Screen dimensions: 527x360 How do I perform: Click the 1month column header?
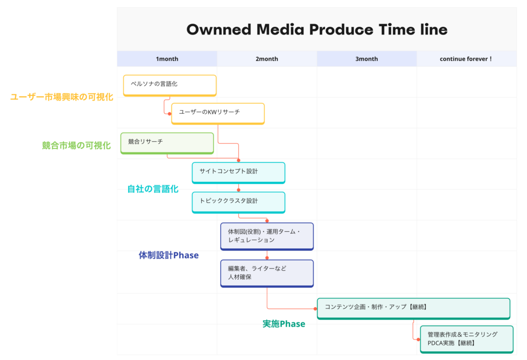(167, 59)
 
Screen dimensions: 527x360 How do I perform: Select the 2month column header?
(267, 59)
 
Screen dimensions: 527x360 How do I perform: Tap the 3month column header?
(366, 59)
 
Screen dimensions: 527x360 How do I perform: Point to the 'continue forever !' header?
(466, 59)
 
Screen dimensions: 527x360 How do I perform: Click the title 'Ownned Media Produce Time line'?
(317, 29)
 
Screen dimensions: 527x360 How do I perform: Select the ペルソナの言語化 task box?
(170, 85)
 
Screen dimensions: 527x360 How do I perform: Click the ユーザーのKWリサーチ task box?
(218, 114)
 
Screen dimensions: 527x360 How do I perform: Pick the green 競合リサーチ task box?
(167, 143)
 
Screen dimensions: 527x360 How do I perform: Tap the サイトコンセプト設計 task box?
(239, 173)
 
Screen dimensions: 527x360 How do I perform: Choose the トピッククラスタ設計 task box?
(239, 202)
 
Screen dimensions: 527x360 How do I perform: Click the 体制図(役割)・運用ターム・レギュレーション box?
(267, 236)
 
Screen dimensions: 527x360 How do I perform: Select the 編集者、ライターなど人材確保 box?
(267, 273)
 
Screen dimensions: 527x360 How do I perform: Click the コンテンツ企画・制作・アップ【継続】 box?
(413, 308)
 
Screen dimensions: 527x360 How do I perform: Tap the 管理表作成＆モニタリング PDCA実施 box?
(466, 339)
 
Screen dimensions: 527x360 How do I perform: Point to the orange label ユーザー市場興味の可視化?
(62, 97)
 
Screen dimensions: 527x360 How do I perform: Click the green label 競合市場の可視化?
(76, 145)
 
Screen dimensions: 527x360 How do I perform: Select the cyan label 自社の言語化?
(153, 188)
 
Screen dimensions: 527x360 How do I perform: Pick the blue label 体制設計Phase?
(169, 255)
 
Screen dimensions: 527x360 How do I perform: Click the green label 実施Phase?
(284, 323)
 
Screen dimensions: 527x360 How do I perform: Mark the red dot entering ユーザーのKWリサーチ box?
(169, 114)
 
